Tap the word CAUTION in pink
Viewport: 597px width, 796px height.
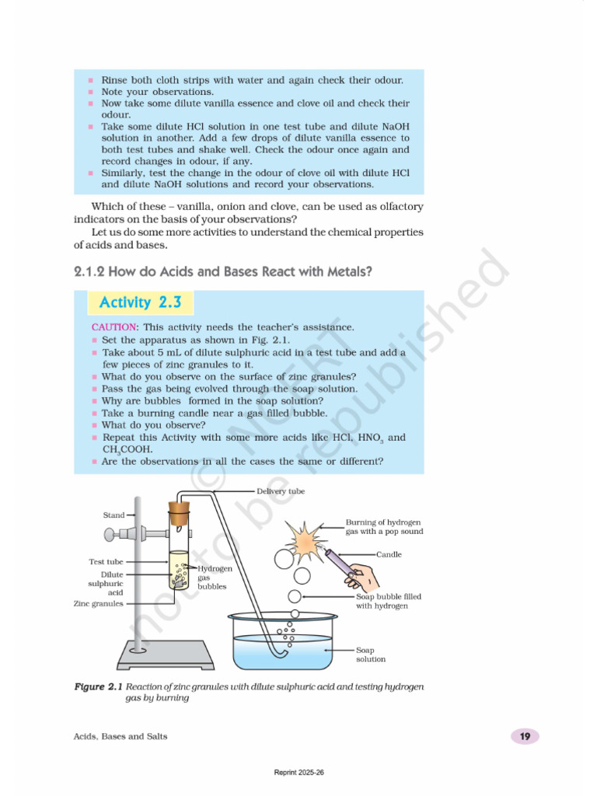(x=113, y=327)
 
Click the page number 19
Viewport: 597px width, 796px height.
(x=525, y=736)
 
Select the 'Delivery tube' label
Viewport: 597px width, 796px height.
(x=280, y=491)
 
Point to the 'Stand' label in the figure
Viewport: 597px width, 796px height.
(x=113, y=515)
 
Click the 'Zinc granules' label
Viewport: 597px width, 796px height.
(x=98, y=603)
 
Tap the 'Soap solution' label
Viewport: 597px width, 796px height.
(x=371, y=654)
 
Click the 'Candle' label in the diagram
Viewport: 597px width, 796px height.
(x=389, y=554)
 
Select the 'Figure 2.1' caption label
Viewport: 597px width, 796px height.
(x=99, y=687)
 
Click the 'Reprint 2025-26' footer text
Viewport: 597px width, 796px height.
(x=298, y=773)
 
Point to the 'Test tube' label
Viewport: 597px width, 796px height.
(x=106, y=561)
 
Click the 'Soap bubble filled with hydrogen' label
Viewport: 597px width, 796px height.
(x=389, y=601)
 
